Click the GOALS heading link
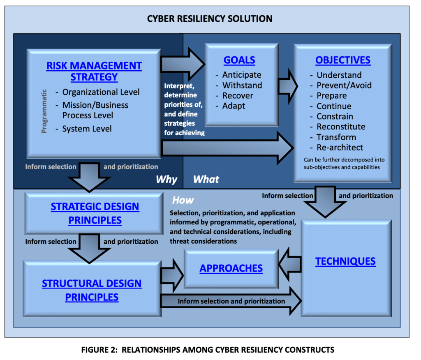239,60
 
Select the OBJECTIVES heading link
343,60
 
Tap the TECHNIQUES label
345,261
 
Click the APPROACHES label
231,268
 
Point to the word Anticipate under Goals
242,75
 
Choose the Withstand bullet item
242,85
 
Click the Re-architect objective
340,148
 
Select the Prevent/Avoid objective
344,85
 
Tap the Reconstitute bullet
341,127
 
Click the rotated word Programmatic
44,111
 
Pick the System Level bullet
87,129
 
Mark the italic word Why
167,179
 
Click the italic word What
206,179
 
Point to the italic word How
183,200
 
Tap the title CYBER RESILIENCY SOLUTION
210,18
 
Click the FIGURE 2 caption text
208,350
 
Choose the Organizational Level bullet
101,92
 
